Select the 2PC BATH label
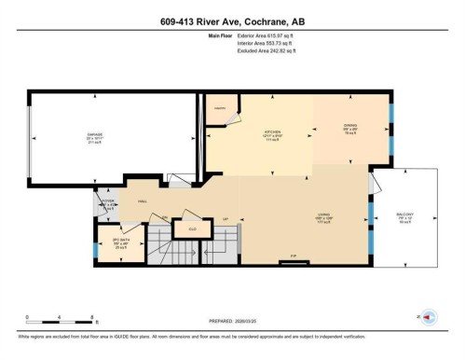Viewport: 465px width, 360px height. point(120,242)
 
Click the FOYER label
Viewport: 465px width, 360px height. point(107,199)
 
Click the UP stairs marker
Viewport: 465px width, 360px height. point(225,219)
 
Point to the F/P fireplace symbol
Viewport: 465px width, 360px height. point(294,256)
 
